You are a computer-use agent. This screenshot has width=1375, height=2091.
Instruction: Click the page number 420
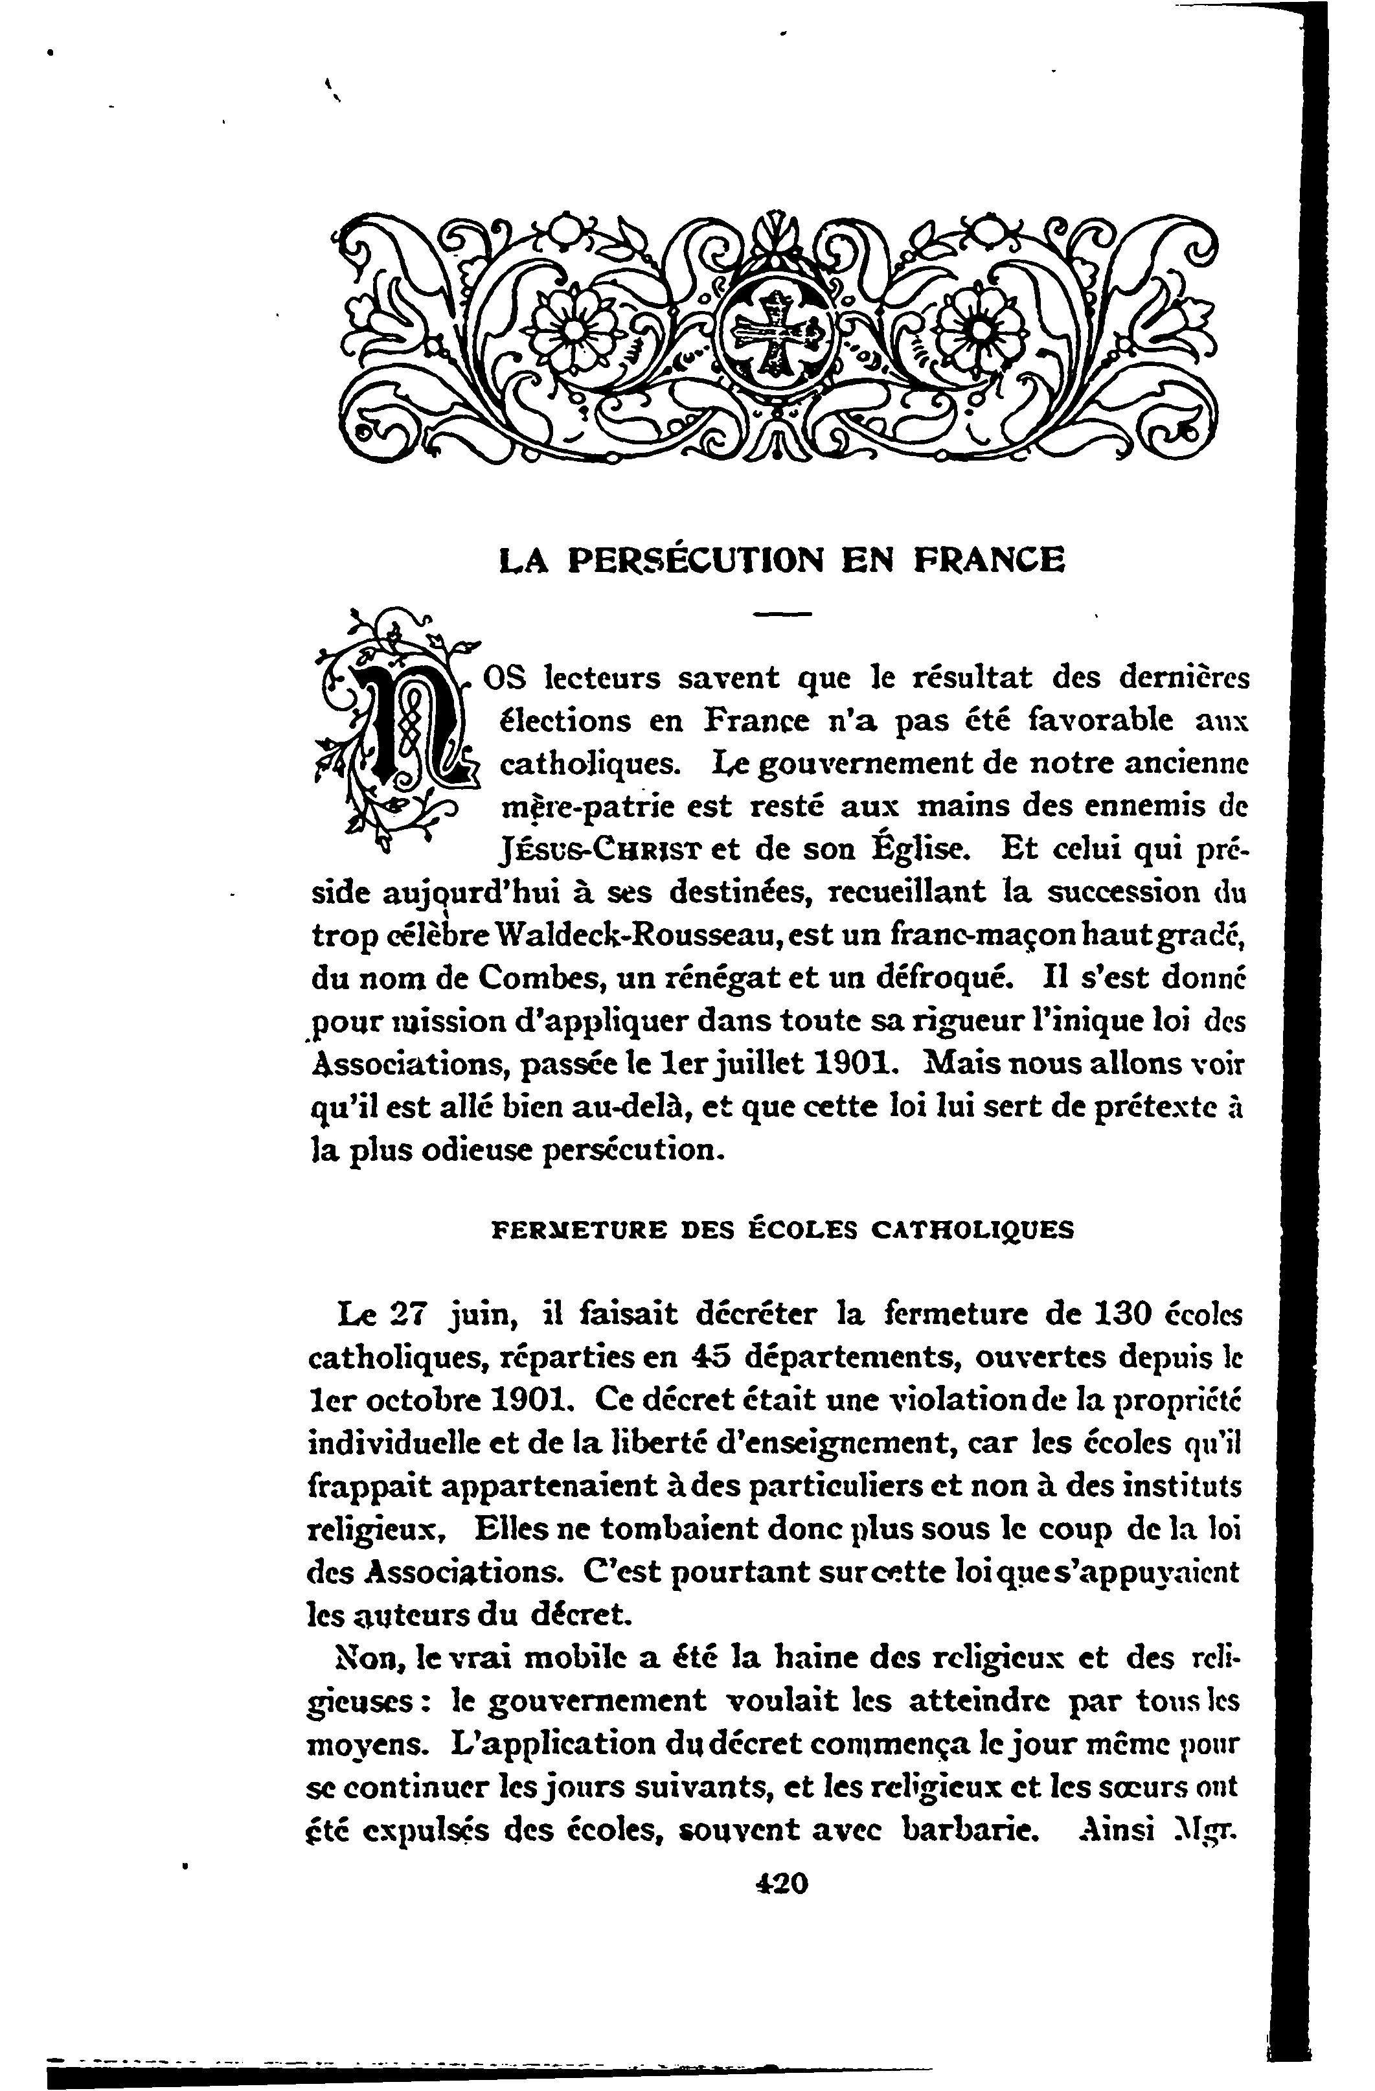pyautogui.click(x=780, y=1883)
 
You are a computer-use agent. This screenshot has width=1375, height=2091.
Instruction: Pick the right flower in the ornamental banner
pyautogui.click(x=979, y=328)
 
